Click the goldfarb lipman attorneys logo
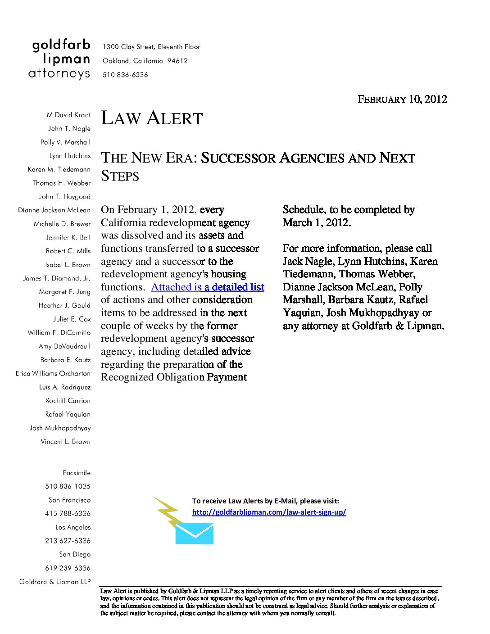(59, 59)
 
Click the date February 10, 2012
(402, 99)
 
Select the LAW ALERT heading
(152, 118)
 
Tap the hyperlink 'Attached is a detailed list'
(208, 287)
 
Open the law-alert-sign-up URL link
(269, 512)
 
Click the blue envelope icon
(194, 534)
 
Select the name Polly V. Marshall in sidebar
(65, 142)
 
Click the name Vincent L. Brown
(65, 442)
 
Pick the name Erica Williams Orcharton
(53, 374)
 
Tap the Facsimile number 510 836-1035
(68, 486)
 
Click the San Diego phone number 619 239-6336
(68, 568)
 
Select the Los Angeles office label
(73, 527)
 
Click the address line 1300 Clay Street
(151, 47)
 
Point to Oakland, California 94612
(145, 61)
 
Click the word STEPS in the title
(120, 176)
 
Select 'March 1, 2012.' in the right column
(317, 223)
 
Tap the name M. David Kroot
(68, 115)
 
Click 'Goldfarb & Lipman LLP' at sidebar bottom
(55, 582)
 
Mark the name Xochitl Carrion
(68, 401)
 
